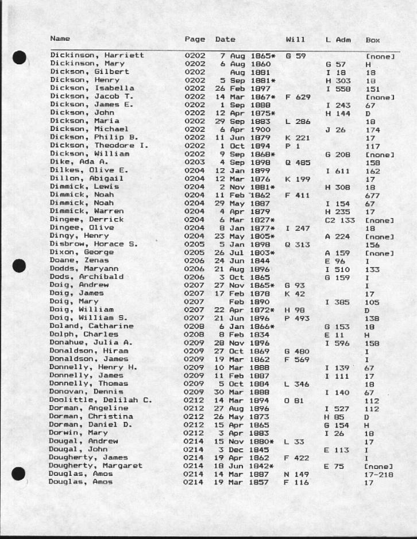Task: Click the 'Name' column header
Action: [x=60, y=39]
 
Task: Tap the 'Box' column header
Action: [x=373, y=40]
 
